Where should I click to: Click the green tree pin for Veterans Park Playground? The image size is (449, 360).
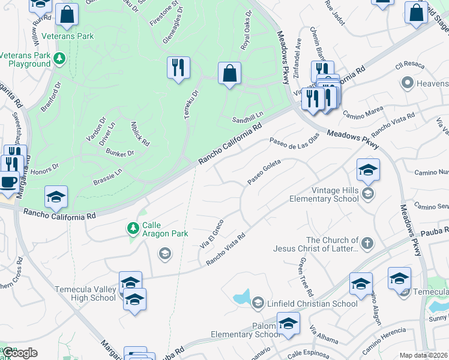[x=59, y=58]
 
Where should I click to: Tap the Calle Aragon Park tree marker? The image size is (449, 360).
[x=133, y=229]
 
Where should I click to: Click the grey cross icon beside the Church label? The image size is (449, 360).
[x=366, y=244]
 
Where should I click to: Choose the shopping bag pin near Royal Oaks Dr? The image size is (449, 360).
[x=229, y=74]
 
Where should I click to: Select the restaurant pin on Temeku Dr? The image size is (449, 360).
[x=178, y=68]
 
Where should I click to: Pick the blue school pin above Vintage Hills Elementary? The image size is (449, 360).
[x=368, y=170]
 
